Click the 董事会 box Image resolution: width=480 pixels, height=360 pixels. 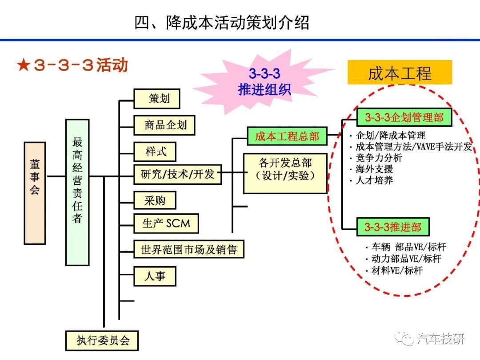35,193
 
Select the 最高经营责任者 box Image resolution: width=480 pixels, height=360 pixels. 77,192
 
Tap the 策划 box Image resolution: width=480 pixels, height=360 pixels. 157,99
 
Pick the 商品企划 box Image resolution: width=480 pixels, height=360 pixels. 164,125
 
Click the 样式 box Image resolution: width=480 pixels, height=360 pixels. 155,152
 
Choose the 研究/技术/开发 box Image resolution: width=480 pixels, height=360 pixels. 177,175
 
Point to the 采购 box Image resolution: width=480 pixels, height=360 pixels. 155,201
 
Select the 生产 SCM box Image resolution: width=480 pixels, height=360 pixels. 166,224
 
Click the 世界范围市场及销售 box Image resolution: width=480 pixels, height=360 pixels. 188,249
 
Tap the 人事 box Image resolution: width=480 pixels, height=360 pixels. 155,276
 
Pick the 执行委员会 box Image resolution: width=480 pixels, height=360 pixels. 102,340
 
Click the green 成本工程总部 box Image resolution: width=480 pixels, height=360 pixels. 287,136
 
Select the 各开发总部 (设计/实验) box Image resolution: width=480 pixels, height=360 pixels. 285,173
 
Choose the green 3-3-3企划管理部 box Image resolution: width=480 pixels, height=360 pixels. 404,117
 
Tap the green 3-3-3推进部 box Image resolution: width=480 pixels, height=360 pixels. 393,227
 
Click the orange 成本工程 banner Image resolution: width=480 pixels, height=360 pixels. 400,72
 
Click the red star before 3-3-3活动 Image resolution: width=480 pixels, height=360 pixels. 24,65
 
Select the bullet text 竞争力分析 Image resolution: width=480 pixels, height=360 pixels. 379,158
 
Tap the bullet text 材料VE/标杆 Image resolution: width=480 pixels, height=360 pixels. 397,271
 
